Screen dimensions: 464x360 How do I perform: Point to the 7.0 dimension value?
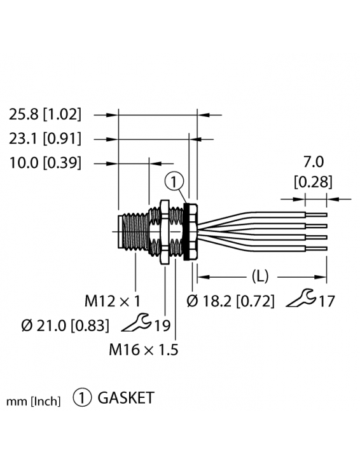click(x=312, y=163)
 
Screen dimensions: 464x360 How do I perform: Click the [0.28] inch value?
click(x=312, y=182)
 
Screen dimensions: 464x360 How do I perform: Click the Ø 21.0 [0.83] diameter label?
click(x=65, y=325)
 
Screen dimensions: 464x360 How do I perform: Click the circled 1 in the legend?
click(x=82, y=399)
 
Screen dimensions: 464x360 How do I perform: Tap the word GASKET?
click(x=125, y=399)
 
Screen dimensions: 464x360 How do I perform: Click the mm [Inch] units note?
click(x=33, y=401)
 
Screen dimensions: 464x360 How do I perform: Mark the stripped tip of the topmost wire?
click(x=318, y=214)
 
